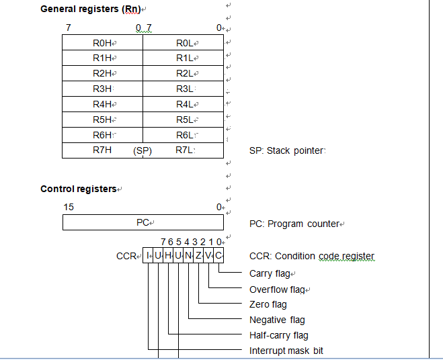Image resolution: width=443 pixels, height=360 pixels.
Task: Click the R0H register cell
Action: click(x=103, y=43)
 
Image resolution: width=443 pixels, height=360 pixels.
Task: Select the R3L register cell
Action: click(x=184, y=89)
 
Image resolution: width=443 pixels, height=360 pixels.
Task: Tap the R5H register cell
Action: click(x=103, y=120)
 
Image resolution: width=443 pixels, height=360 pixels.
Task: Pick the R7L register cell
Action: click(x=184, y=150)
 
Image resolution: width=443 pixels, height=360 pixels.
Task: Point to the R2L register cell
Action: click(x=184, y=73)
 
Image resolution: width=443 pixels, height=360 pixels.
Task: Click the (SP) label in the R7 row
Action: click(x=143, y=150)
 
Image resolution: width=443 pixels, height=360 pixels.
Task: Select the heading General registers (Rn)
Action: click(x=91, y=9)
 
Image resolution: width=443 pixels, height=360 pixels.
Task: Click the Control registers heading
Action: click(x=79, y=189)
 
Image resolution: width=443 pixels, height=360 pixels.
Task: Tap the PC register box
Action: click(x=143, y=222)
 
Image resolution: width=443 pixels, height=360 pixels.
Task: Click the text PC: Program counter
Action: click(x=294, y=224)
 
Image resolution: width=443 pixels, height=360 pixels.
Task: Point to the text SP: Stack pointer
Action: click(x=286, y=150)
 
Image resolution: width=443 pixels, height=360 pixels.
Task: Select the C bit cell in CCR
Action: click(x=219, y=255)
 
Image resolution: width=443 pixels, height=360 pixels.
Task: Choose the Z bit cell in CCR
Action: click(x=199, y=255)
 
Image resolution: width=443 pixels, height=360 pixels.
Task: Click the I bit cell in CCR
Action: click(x=149, y=255)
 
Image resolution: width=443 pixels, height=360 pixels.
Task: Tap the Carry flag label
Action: click(x=270, y=273)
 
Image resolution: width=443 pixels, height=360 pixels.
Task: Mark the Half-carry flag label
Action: click(x=278, y=335)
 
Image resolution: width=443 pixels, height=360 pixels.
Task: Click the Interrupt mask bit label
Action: click(x=286, y=351)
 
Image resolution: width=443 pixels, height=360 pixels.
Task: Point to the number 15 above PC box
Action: click(x=69, y=207)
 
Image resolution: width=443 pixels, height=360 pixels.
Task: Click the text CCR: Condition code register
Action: click(x=311, y=256)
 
